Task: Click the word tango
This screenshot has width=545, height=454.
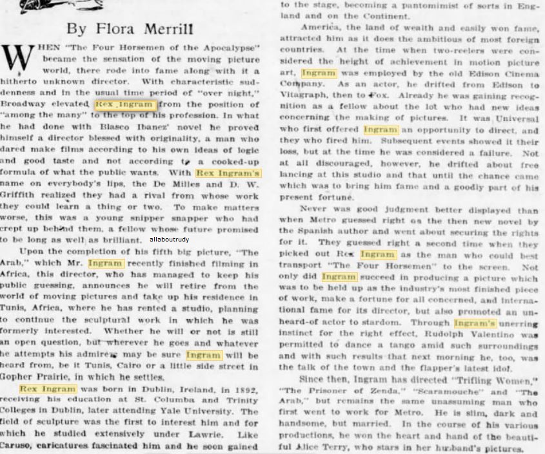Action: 394,346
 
